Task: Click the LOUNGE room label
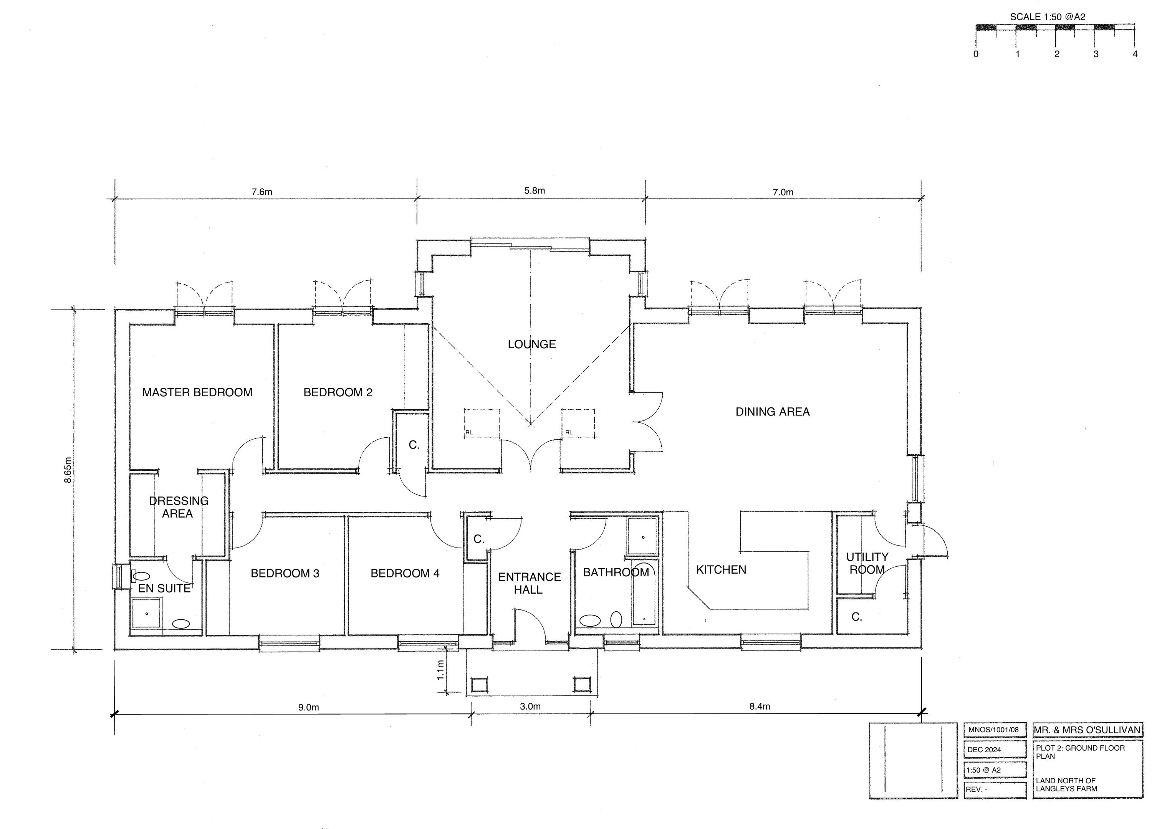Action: tap(532, 344)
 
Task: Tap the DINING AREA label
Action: tap(773, 412)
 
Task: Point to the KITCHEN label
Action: tap(721, 570)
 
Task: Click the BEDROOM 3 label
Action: tap(285, 574)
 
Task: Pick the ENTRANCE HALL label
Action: tap(529, 583)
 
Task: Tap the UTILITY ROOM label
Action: tap(867, 563)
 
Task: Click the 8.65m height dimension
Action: tap(68, 470)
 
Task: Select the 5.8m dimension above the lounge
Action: tap(535, 190)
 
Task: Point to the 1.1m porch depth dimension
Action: tap(440, 670)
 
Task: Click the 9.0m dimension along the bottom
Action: tap(308, 708)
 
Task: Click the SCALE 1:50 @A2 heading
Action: tap(1048, 17)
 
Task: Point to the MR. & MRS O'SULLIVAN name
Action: tap(1087, 730)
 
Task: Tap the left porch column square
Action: tap(479, 684)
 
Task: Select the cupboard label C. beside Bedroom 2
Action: tap(414, 445)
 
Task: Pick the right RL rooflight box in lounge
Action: tap(578, 423)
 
